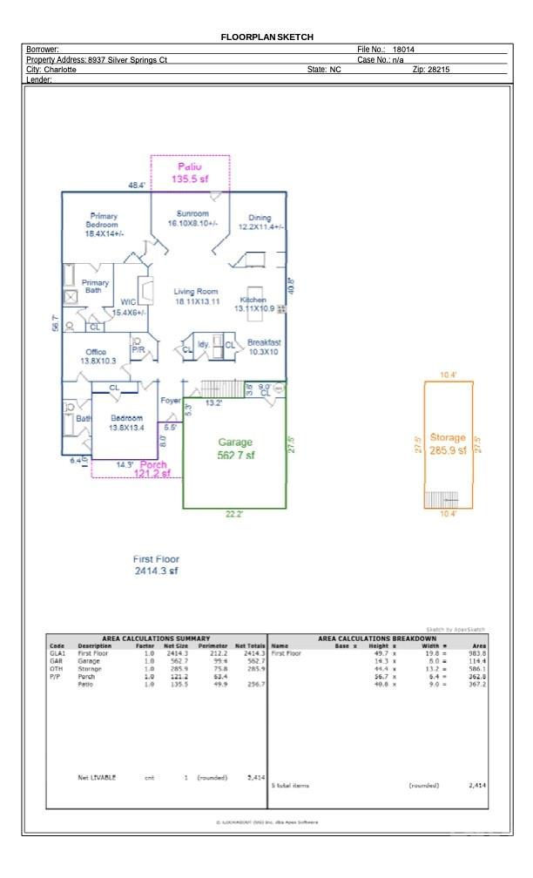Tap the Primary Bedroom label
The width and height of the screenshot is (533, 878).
tap(104, 225)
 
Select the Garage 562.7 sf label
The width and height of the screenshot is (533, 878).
tap(235, 449)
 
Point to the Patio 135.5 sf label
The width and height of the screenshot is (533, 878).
tap(190, 172)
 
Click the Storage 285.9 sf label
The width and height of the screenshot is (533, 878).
tap(449, 443)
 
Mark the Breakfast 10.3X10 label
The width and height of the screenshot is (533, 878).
tap(263, 347)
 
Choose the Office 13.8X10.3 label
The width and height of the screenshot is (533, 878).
tap(98, 355)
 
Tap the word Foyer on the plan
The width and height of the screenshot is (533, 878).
tap(171, 400)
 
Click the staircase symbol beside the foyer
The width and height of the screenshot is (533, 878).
tap(213, 388)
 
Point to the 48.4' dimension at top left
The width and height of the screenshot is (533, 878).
tap(138, 186)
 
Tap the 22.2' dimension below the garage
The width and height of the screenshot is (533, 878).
tap(233, 515)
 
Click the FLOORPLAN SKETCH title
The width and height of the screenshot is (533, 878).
tap(266, 37)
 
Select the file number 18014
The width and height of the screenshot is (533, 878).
tap(403, 51)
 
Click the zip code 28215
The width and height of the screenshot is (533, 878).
tap(437, 69)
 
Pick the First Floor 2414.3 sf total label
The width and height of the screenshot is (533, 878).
tap(156, 564)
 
